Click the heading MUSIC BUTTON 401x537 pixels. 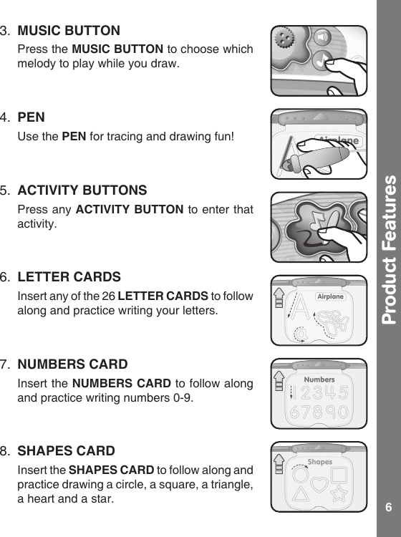pyautogui.click(x=69, y=32)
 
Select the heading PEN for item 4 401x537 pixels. pyautogui.click(x=30, y=116)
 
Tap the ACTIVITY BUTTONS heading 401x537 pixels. pyautogui.click(x=82, y=190)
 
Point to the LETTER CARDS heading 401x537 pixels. pyautogui.click(x=69, y=277)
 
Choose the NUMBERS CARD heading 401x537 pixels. pyautogui.click(x=72, y=364)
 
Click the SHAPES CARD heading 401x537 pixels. pyautogui.click(x=66, y=452)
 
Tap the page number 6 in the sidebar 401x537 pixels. pyautogui.click(x=388, y=508)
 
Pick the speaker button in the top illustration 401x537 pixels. pyautogui.click(x=324, y=37)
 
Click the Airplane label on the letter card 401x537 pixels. pyautogui.click(x=330, y=296)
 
